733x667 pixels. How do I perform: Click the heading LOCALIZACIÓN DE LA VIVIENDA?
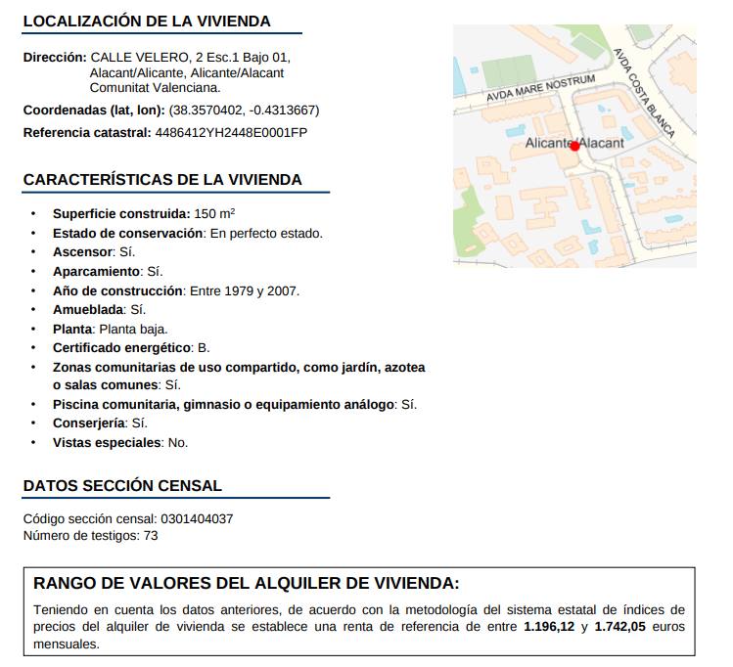point(147,22)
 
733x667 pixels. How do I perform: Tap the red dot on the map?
point(575,146)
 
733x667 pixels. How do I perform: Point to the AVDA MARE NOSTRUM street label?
point(541,89)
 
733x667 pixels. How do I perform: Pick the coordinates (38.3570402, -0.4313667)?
point(244,110)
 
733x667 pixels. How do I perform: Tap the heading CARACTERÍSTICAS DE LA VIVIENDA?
point(162,180)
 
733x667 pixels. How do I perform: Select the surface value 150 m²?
point(214,213)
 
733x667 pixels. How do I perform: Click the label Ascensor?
point(83,251)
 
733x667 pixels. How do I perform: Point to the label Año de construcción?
point(117,290)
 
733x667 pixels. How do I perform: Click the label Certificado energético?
point(121,347)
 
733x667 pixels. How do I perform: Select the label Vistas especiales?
point(107,442)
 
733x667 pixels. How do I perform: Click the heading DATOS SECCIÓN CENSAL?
point(122,486)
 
